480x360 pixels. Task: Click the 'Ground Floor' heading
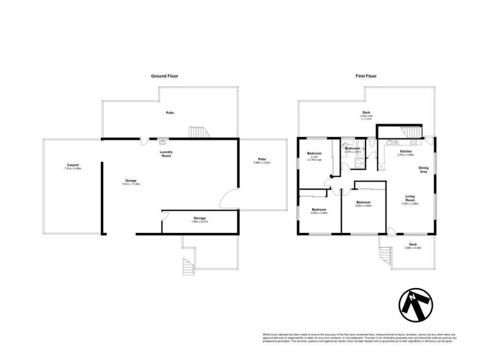164,76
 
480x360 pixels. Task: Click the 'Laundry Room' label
166,154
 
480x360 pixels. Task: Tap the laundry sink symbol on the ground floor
162,142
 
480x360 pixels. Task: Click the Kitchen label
406,153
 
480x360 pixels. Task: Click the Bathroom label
352,149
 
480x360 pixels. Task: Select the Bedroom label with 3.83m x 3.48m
318,211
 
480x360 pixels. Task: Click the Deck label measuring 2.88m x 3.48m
413,245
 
